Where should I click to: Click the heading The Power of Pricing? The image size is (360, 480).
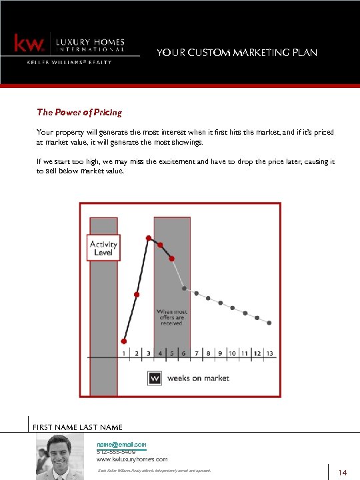(79, 112)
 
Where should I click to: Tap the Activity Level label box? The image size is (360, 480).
(103, 248)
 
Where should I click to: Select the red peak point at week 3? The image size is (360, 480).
(149, 237)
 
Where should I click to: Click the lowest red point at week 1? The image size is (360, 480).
(124, 341)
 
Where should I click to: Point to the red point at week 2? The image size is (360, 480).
(137, 294)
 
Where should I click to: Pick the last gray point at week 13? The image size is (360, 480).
(269, 323)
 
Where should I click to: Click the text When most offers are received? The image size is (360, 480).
(172, 317)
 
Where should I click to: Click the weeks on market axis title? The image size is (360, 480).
(197, 378)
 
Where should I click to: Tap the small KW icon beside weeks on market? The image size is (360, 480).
(155, 378)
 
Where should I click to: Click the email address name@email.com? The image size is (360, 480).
(121, 444)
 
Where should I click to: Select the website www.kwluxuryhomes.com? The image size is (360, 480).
(132, 459)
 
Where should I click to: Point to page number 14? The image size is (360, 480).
(343, 473)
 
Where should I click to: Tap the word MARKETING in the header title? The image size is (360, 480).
(253, 53)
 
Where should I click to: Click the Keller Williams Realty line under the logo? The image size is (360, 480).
(69, 62)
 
